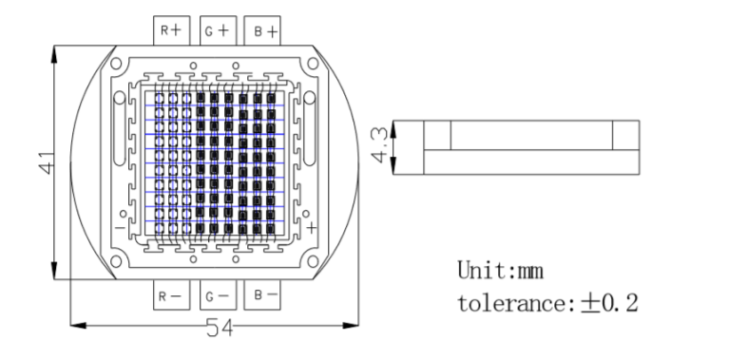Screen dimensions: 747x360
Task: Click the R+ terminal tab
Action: [x=171, y=30]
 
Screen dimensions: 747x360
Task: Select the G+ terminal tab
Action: [x=219, y=30]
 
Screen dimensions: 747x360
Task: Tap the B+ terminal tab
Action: [x=262, y=30]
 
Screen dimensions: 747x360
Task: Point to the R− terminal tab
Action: [x=171, y=294]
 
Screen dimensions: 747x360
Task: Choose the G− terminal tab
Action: [x=219, y=294]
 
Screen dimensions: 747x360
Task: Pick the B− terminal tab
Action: [x=262, y=294]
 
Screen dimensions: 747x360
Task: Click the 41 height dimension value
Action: [x=47, y=162]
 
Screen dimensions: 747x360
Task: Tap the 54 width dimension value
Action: [x=220, y=328]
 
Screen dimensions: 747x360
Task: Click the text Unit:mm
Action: [x=500, y=271]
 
